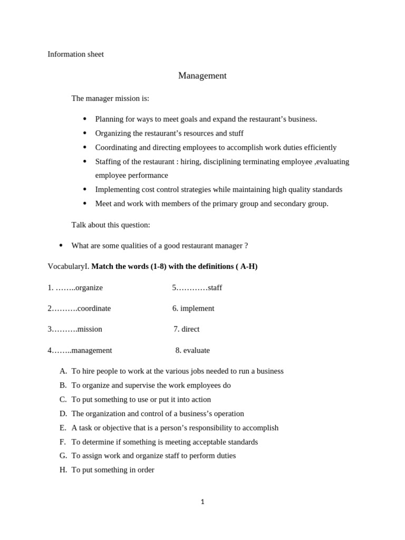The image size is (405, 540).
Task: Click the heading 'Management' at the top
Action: click(202, 76)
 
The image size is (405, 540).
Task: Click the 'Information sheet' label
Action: click(75, 54)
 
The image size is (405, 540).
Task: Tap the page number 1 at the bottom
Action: click(202, 502)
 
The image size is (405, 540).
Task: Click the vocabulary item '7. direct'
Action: click(187, 329)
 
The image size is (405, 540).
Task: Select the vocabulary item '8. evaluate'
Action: click(192, 350)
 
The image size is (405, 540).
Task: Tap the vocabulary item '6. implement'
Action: click(193, 308)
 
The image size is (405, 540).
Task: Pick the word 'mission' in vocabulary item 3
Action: click(90, 329)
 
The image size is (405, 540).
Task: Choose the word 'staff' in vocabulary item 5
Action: click(215, 288)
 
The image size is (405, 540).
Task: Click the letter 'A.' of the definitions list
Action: click(63, 371)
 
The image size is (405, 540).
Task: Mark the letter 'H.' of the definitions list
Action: click(63, 470)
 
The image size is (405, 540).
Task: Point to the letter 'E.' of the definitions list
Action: click(63, 428)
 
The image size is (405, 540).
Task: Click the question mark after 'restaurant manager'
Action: click(246, 246)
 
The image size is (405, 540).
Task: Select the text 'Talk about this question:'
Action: click(111, 225)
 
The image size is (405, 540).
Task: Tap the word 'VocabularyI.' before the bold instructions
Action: click(69, 267)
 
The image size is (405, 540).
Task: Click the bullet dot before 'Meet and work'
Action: click(84, 204)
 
